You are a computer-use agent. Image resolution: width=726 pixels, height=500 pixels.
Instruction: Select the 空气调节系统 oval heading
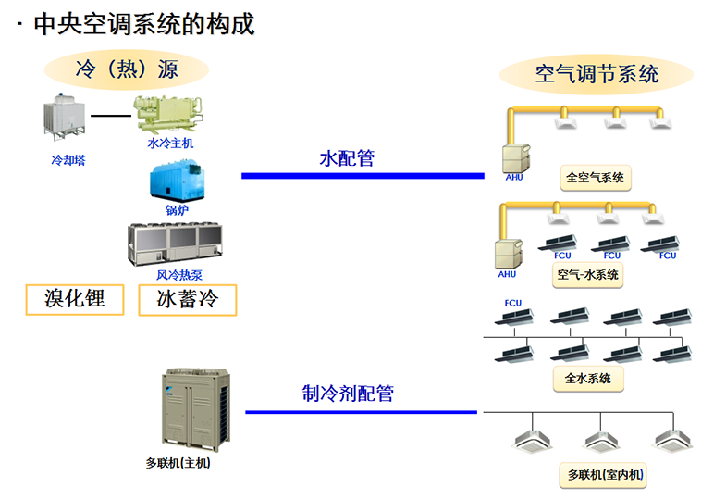[597, 73]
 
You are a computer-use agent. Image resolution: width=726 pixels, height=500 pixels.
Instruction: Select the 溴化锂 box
[75, 299]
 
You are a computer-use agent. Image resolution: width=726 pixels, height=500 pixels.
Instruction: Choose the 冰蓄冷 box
[188, 299]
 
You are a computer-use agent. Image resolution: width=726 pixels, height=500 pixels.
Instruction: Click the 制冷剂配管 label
[348, 393]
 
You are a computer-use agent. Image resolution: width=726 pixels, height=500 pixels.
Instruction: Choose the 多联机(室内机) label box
[606, 476]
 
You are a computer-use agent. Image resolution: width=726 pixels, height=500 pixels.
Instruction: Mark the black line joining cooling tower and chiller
[112, 116]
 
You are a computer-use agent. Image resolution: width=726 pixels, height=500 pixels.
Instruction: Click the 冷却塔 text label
[68, 159]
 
